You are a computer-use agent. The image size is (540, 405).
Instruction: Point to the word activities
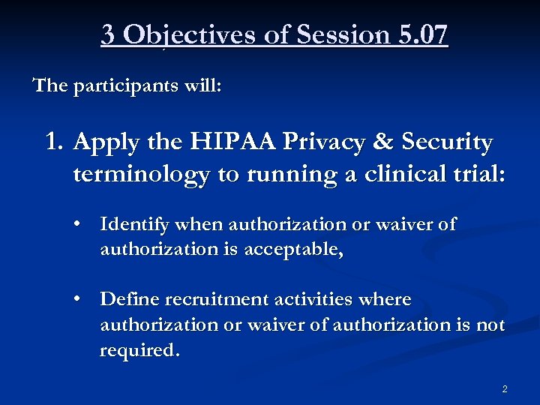click(x=310, y=300)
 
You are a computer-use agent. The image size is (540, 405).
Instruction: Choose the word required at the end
click(x=139, y=351)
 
